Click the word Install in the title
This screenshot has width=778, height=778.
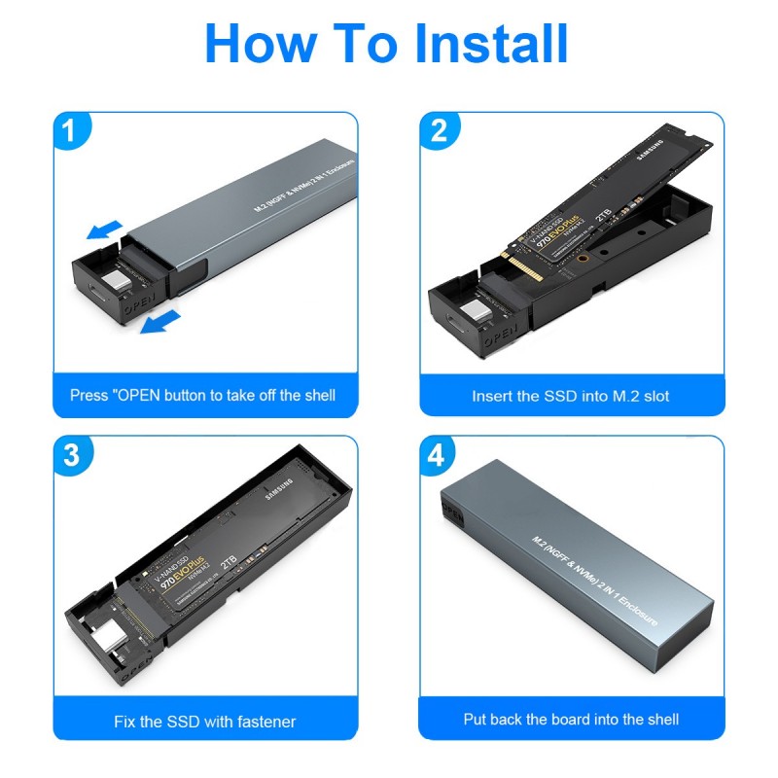(491, 44)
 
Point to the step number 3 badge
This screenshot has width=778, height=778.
(73, 455)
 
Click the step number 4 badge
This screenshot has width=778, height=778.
(440, 455)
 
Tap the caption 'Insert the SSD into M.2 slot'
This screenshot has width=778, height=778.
(571, 396)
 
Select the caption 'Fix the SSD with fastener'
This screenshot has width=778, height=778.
(204, 721)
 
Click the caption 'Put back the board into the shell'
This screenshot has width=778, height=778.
(571, 720)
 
